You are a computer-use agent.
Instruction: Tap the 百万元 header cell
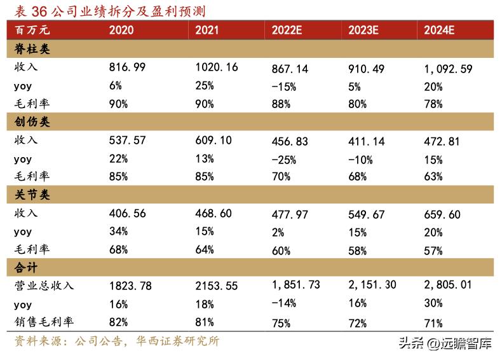tap(32, 30)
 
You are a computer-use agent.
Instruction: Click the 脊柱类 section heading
tap(32, 49)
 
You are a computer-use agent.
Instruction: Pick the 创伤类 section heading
tap(32, 122)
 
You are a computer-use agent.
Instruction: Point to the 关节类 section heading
tap(32, 195)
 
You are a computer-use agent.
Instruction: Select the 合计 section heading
tap(25, 268)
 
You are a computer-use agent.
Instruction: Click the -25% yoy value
tap(283, 159)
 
